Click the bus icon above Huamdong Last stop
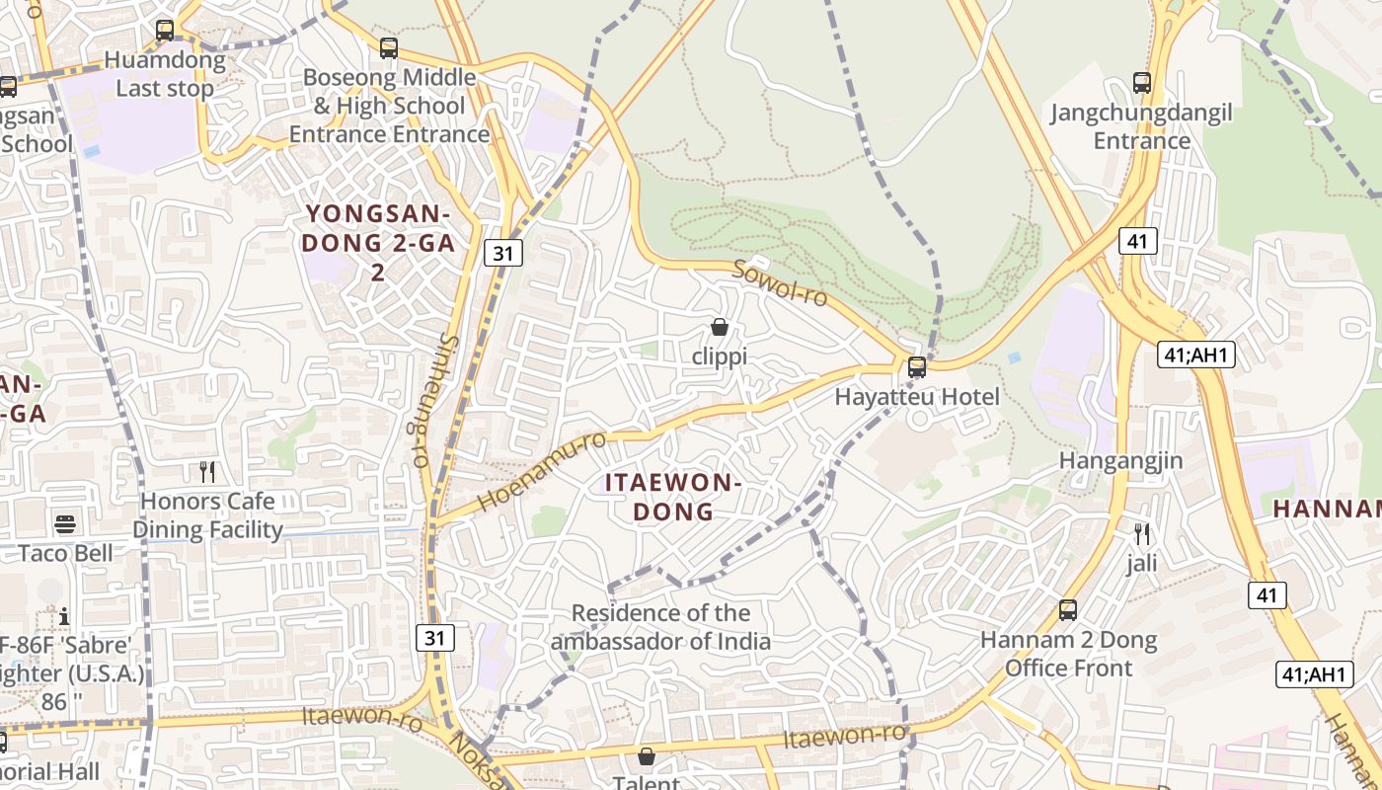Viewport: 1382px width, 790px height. [165, 31]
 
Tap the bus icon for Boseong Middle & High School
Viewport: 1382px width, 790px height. [389, 47]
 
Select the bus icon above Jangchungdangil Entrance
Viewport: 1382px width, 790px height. [1142, 83]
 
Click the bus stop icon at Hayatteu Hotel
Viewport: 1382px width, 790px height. [917, 367]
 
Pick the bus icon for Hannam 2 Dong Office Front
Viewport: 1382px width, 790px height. [1068, 610]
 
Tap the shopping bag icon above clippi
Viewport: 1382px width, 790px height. [720, 327]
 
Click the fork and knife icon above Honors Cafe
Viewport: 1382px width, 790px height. [207, 471]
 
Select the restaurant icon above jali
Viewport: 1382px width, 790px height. [1142, 534]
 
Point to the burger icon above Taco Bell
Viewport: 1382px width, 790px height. [65, 523]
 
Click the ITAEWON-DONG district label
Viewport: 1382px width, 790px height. [672, 497]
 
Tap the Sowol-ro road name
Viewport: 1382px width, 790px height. [781, 282]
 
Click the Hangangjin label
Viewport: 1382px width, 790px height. [1120, 461]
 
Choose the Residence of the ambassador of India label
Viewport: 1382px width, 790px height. [660, 627]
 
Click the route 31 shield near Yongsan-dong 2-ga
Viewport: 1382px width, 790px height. [503, 253]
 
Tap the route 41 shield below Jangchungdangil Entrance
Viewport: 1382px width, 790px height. [1138, 240]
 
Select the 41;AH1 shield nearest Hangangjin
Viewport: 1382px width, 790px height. [1196, 354]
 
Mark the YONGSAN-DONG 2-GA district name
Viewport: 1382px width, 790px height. [378, 242]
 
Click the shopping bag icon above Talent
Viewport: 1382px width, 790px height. [647, 756]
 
